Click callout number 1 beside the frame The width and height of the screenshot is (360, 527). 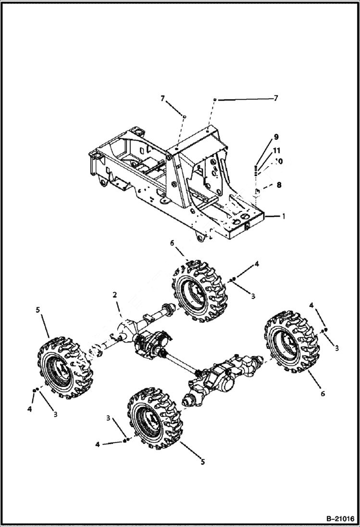[283, 217]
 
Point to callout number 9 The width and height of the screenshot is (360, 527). [276, 137]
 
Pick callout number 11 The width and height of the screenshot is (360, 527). [277, 150]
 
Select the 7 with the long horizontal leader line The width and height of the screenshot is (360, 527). [276, 98]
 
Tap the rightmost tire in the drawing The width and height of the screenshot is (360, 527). [291, 341]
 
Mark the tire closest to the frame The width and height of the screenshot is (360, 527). [198, 291]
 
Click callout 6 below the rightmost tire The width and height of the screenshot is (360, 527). [323, 393]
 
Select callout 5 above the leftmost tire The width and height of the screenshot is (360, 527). [37, 310]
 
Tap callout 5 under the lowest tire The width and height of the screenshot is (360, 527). [202, 462]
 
